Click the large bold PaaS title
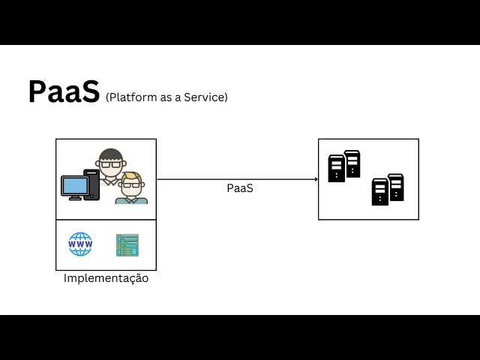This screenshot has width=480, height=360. tap(64, 92)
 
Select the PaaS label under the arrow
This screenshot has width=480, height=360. tap(240, 188)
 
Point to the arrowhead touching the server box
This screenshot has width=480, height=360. tap(315, 179)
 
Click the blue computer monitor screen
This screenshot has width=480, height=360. tap(73, 184)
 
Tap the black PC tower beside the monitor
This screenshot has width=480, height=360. tap(92, 184)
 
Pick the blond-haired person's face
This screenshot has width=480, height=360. tap(132, 184)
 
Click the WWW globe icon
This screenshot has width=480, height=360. tap(80, 244)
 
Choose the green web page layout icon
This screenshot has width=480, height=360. tap(127, 244)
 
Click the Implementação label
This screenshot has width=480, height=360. tap(106, 278)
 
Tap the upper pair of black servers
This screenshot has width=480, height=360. tap(344, 166)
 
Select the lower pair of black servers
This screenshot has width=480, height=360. tap(388, 190)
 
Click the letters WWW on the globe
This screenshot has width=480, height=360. tap(80, 244)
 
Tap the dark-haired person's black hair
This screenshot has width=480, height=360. tap(111, 154)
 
